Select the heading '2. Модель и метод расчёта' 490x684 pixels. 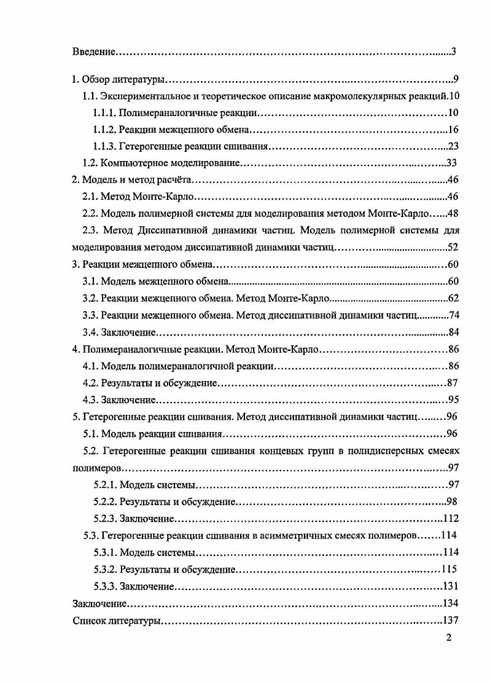[x=132, y=180]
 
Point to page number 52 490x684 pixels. [x=454, y=247]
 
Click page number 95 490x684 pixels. [x=454, y=400]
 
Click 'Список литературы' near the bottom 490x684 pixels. [x=117, y=619]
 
